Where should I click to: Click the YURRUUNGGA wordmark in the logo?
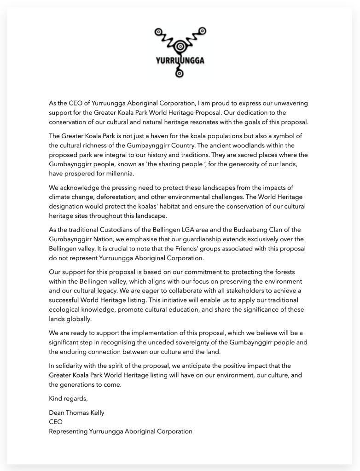[x=180, y=60]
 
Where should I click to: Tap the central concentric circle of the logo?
[x=180, y=46]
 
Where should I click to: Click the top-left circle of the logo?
[x=159, y=32]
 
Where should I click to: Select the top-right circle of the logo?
[x=202, y=31]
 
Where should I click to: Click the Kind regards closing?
[x=68, y=398]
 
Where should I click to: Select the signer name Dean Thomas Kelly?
[x=76, y=413]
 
